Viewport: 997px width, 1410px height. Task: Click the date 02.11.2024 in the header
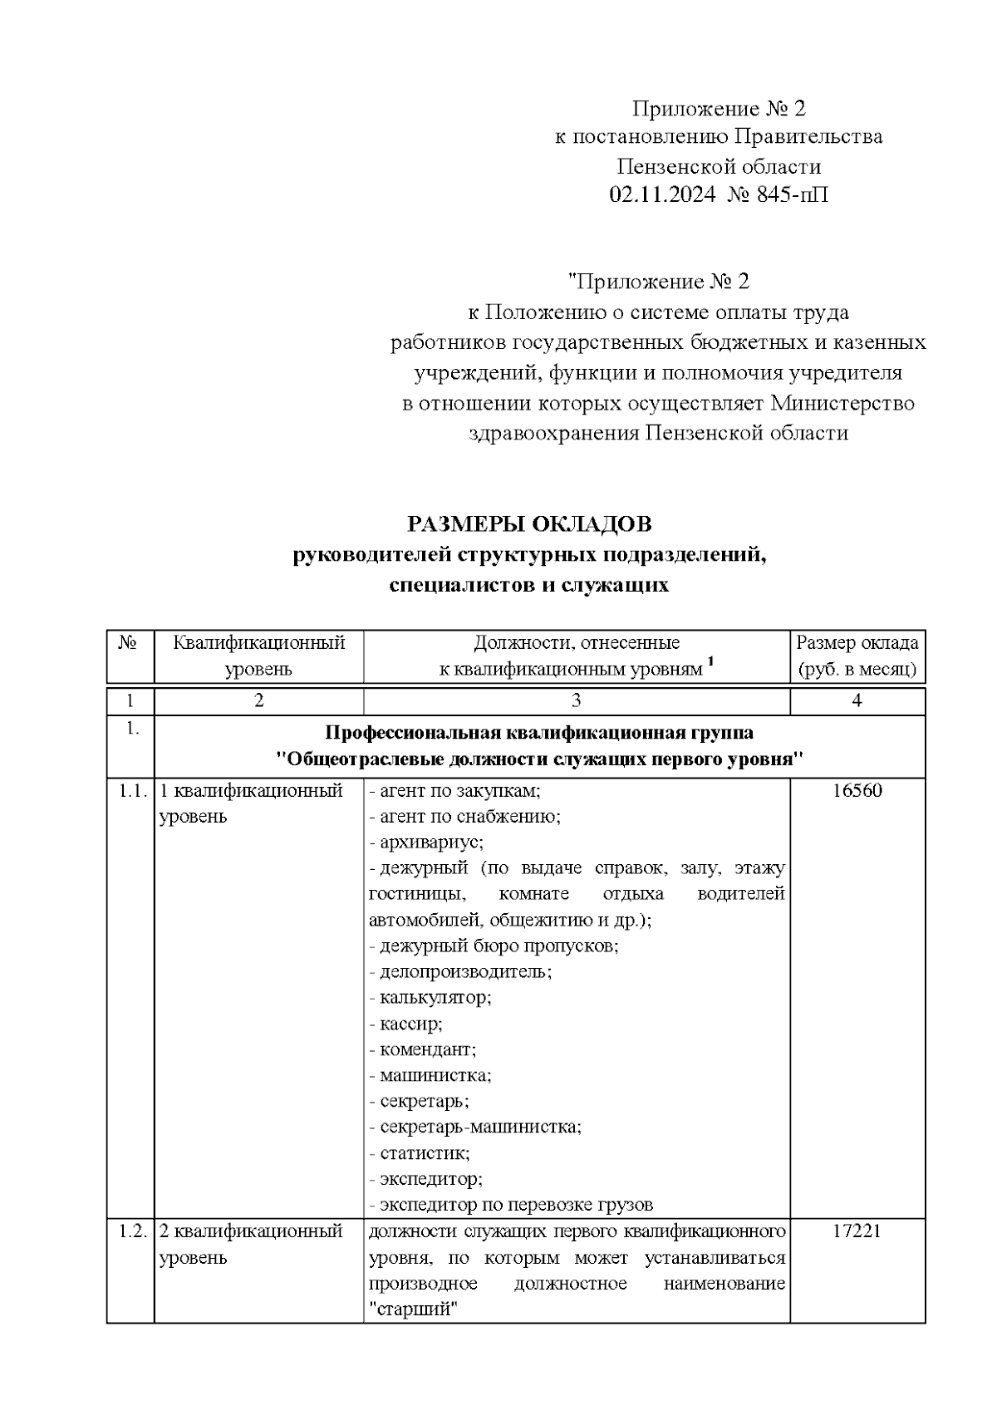click(x=661, y=195)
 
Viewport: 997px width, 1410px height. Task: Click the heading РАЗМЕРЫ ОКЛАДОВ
click(x=529, y=524)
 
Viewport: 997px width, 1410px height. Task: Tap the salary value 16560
click(x=857, y=790)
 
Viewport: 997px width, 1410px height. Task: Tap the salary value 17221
click(x=857, y=1231)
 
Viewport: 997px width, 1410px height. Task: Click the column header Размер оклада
click(x=857, y=642)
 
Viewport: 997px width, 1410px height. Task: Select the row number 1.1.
click(x=131, y=790)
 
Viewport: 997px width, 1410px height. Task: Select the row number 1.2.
click(x=131, y=1231)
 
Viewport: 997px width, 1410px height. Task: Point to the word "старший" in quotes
click(x=414, y=1309)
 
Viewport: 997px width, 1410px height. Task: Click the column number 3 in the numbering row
click(x=576, y=700)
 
